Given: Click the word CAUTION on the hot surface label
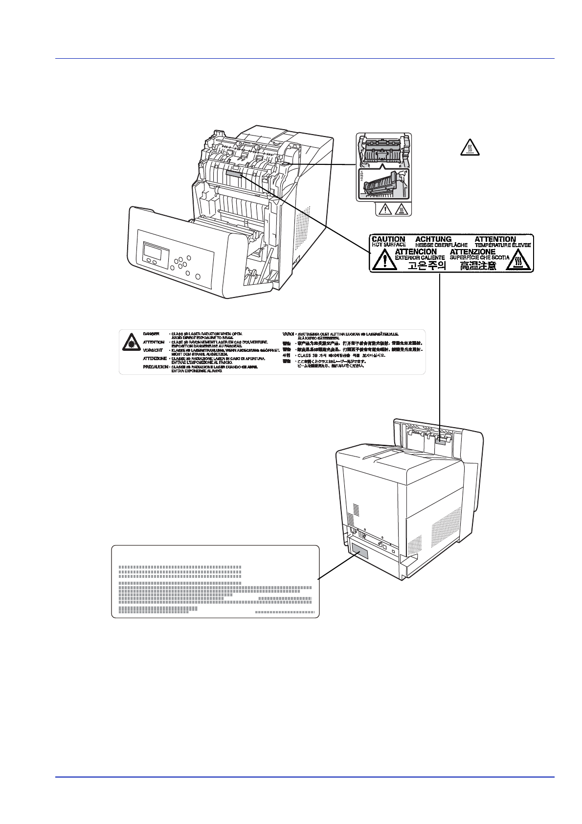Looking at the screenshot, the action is (x=388, y=239).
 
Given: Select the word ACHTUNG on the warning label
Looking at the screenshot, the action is (x=433, y=239).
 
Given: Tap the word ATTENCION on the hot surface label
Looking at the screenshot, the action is (x=416, y=252).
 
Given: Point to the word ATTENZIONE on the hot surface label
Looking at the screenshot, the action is (x=472, y=252).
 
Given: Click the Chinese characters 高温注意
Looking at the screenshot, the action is (x=478, y=266).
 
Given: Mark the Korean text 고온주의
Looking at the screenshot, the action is (x=427, y=266).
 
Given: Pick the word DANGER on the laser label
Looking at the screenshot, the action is (x=151, y=334).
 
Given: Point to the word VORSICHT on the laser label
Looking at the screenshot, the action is (x=153, y=350).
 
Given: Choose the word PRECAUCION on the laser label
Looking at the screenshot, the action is (x=156, y=366).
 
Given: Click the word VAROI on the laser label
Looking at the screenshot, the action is (x=288, y=334).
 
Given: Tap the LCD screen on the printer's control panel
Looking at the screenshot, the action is (x=153, y=252).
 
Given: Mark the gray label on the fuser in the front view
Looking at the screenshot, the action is (x=235, y=173).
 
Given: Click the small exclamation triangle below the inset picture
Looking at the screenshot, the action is (x=386, y=210).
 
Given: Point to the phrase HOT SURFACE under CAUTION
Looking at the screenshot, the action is (x=389, y=245).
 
